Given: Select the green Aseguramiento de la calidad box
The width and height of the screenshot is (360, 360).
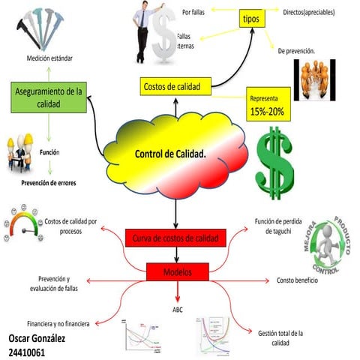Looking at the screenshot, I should pos(48,98).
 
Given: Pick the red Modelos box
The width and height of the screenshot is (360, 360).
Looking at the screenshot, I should pos(178,271).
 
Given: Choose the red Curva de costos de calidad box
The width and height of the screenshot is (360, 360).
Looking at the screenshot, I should pos(174,238).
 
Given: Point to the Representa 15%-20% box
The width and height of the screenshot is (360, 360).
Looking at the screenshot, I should pos(267,106).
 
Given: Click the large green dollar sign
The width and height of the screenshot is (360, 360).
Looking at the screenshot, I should pos(276,157).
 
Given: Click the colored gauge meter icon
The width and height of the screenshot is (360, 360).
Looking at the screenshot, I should pos(21,224).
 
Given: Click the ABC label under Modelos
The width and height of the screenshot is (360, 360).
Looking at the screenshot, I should pos(178,309).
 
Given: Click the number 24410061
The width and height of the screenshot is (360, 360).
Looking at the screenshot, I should pos(29,351).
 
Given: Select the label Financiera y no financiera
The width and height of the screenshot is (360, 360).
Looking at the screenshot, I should pos(58,323).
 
